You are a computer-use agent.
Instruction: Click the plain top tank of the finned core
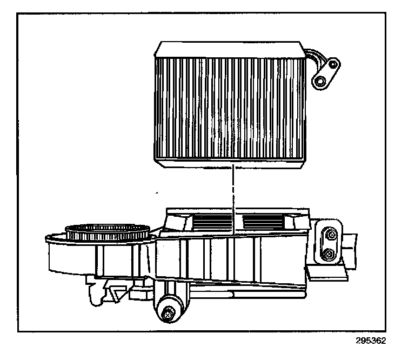(230, 48)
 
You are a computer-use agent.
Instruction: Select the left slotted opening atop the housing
(211, 221)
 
